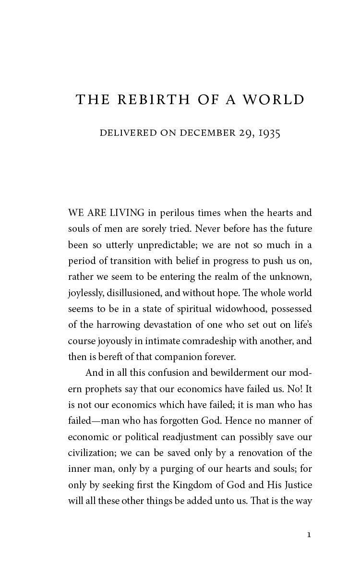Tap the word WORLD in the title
click(274, 100)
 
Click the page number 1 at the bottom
click(309, 534)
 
